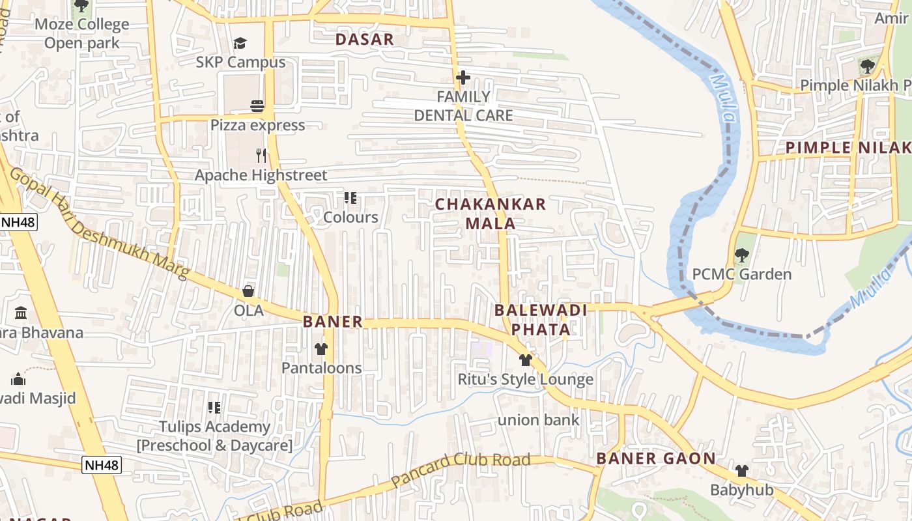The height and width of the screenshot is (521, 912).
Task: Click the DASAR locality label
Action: pos(365,39)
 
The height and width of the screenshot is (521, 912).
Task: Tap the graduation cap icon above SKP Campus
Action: pos(240,44)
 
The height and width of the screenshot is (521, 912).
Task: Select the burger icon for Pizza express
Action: pos(257,106)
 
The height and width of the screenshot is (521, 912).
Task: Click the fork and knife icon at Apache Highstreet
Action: pos(261,156)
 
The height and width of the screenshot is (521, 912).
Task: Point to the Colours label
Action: pos(350,218)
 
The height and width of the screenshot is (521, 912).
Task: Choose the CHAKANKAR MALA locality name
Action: pos(491,214)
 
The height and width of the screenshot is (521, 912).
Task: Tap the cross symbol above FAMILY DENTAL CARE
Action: pos(463,78)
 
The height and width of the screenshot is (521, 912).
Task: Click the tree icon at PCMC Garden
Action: pos(741,255)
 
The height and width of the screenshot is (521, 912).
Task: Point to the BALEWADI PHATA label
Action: pos(541,319)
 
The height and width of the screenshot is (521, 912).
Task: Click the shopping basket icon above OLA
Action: pos(248,291)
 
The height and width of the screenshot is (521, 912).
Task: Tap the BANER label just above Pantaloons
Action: pos(332,322)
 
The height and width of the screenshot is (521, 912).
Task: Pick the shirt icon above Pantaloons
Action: pos(321,349)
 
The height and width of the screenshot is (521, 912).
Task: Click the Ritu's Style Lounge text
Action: pos(526,379)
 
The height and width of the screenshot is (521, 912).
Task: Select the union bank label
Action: pos(538,420)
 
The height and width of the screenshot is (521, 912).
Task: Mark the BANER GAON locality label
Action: pos(656,458)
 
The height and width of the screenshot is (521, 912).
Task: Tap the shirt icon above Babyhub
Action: pos(741,470)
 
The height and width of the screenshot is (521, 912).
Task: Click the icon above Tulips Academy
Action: pos(214,408)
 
